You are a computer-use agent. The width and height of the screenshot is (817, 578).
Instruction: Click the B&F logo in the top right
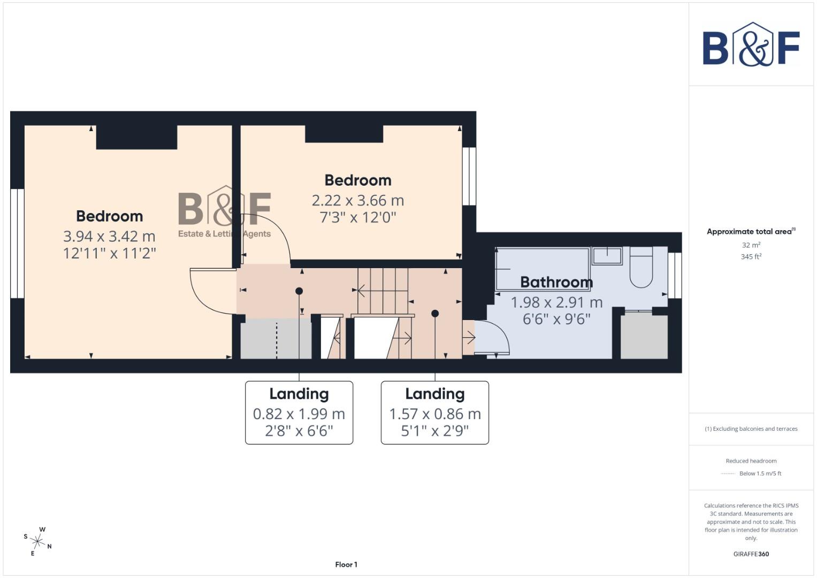click(751, 45)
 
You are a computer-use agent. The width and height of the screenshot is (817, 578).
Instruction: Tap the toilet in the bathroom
click(641, 268)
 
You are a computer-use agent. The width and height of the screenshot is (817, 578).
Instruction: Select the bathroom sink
click(607, 256)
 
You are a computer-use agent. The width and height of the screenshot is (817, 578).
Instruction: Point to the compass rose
click(37, 541)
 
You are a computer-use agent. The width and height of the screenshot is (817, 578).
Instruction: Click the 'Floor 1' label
click(346, 565)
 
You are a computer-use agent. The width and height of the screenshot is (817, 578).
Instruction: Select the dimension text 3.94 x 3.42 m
click(109, 236)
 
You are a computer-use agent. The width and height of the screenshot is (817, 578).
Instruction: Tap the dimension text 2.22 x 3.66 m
click(357, 201)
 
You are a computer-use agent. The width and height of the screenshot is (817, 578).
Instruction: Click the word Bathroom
click(556, 282)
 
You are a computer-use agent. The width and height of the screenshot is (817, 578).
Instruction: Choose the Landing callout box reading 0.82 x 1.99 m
click(299, 413)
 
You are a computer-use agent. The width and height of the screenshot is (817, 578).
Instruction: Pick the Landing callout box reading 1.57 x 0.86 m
click(434, 413)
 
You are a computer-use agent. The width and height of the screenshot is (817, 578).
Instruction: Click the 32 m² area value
click(751, 245)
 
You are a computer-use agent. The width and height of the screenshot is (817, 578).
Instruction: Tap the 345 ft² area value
click(751, 257)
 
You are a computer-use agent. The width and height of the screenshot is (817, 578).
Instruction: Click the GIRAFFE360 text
click(751, 554)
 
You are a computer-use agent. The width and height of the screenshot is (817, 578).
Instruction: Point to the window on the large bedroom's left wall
click(18, 243)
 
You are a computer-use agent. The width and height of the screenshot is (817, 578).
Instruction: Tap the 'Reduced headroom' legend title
click(751, 461)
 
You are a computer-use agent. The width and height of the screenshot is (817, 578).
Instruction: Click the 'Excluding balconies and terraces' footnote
click(751, 429)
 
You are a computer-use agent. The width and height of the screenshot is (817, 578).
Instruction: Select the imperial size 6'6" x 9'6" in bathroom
click(556, 320)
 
